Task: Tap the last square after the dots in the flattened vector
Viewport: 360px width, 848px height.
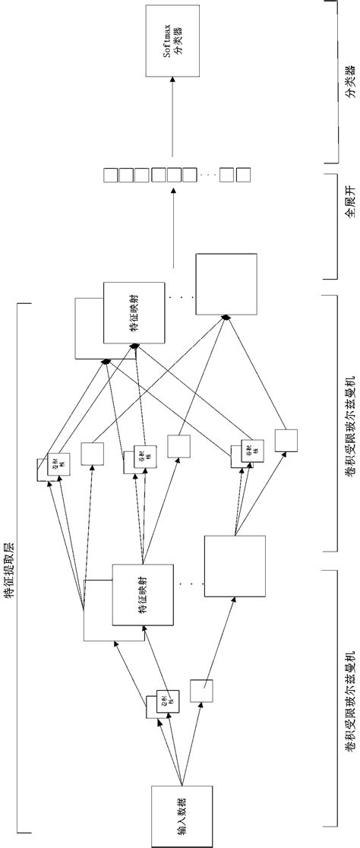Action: [x=243, y=175]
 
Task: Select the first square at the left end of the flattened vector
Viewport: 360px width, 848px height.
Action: [x=110, y=175]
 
